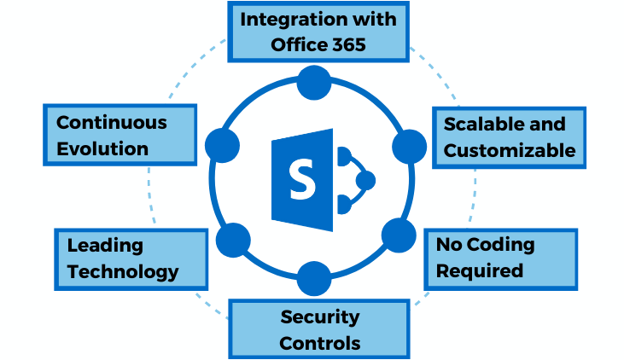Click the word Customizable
[x=510, y=151]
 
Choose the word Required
[x=479, y=271]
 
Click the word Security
[x=319, y=317]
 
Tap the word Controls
[x=319, y=344]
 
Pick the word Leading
[x=105, y=246]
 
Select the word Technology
[x=123, y=272]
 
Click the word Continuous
[x=111, y=122]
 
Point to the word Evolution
[x=102, y=148]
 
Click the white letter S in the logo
[x=300, y=179]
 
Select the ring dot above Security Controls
[x=313, y=277]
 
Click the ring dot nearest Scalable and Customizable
[x=409, y=146]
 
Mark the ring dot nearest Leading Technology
[x=232, y=241]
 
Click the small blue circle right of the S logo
[x=365, y=180]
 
